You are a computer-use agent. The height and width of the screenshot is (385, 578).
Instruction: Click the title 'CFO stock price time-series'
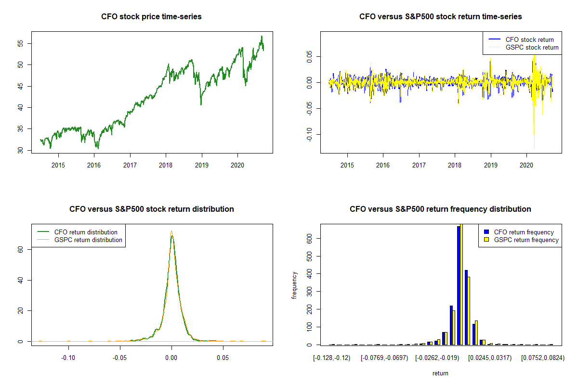(151, 17)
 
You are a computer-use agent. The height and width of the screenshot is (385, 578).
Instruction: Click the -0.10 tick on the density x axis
(68, 358)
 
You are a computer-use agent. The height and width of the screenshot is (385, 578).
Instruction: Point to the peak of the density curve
(171, 232)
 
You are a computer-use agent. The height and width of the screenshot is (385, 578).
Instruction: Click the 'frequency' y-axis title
(295, 285)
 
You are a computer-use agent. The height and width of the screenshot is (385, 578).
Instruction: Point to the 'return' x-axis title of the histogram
(440, 373)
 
